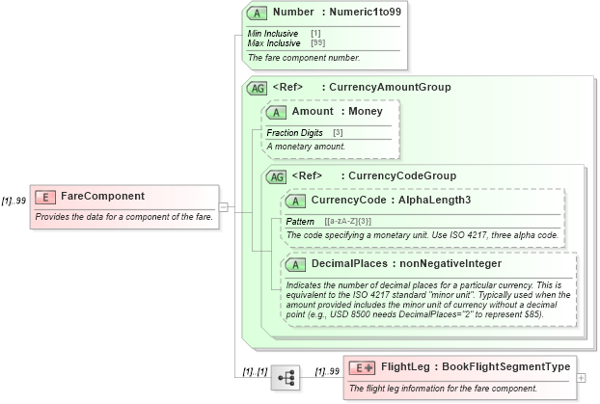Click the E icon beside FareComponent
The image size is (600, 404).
[44, 197]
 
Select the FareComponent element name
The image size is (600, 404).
[102, 197]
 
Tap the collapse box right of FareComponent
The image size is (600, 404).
[223, 205]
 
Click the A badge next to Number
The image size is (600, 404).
[257, 13]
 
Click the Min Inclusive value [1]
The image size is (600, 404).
[315, 34]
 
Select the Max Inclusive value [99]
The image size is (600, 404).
[317, 42]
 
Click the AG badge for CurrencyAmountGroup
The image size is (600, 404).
[257, 88]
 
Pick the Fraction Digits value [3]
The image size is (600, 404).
[338, 132]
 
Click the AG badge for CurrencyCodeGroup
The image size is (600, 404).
[276, 176]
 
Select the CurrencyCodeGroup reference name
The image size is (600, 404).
[402, 176]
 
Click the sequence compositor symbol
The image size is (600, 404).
[286, 378]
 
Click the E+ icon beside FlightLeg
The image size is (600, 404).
[362, 367]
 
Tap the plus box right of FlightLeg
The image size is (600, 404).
[581, 377]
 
